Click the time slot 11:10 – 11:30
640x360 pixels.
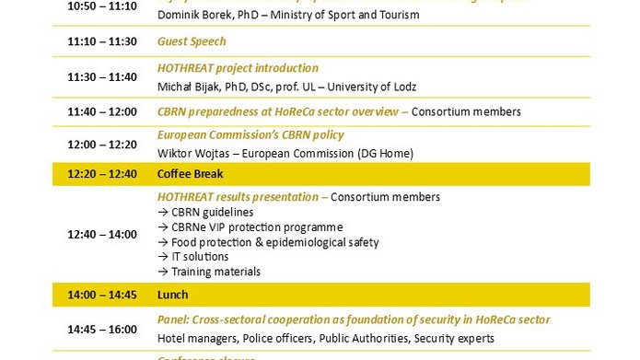102,41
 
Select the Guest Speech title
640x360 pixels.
192,41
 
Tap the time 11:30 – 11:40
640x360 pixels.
102,77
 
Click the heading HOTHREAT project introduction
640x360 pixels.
238,68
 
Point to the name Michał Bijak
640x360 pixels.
191,87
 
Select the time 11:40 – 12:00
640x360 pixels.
102,111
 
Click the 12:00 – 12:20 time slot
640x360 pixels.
102,145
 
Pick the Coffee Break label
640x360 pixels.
191,174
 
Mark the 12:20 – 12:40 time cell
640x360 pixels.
102,174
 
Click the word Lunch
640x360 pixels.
173,295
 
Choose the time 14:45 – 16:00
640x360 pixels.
102,329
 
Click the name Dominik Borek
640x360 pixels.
192,15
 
